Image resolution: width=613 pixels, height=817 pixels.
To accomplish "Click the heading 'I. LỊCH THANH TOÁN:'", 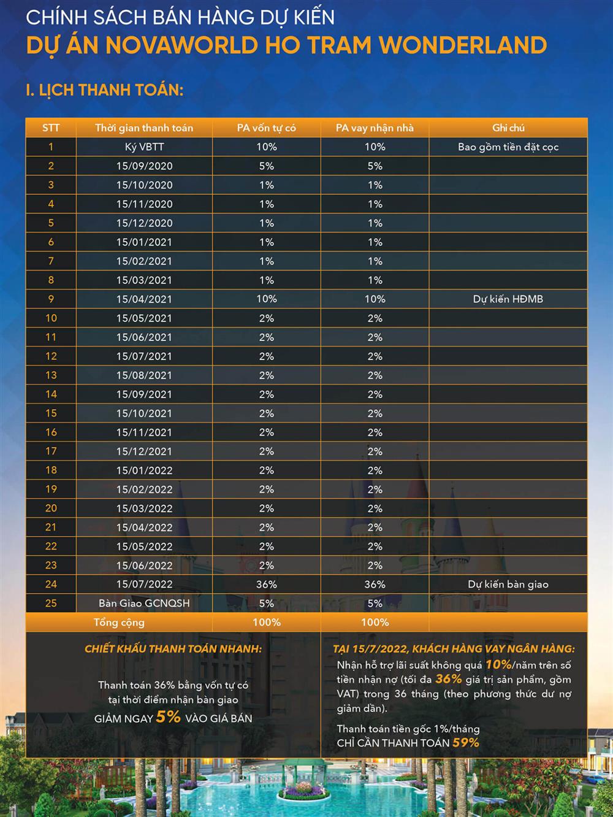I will click(x=104, y=90).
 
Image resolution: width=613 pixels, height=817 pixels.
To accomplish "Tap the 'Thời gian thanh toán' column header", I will click(x=144, y=128).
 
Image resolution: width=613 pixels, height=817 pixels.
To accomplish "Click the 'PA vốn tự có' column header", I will click(x=267, y=128).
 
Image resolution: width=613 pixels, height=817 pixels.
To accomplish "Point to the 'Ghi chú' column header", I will click(x=508, y=128).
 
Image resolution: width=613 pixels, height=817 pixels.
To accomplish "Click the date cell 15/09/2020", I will click(x=144, y=166).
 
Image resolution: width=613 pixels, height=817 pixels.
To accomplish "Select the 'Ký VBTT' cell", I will click(x=144, y=147).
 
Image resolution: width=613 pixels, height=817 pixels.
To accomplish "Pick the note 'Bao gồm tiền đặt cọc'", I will click(x=508, y=147).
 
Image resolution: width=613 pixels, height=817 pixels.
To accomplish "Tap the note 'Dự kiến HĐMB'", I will click(x=508, y=299).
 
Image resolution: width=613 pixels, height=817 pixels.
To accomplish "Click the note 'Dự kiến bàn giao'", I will click(x=508, y=584).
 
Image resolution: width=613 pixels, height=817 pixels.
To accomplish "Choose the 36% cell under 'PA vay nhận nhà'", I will click(x=375, y=584).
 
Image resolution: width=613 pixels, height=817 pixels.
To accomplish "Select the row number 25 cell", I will click(x=51, y=603).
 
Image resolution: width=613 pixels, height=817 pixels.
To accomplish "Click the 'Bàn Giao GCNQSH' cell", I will click(x=144, y=603).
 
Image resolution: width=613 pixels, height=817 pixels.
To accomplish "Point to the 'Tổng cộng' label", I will click(x=119, y=622).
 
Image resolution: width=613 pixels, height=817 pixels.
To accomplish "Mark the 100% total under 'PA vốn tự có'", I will click(x=267, y=622).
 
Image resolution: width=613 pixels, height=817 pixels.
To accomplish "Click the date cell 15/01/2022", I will click(x=144, y=470).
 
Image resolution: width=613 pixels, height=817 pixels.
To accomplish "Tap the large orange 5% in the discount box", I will click(x=168, y=716).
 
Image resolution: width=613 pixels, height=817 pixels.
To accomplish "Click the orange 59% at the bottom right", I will click(x=465, y=742).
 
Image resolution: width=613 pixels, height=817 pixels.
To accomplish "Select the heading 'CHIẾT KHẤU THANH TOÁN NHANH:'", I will click(x=173, y=648).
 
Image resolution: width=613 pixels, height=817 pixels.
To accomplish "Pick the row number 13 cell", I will click(x=51, y=375).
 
